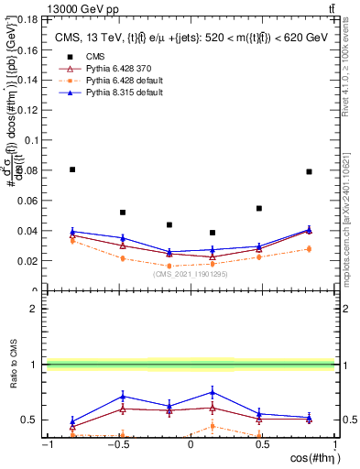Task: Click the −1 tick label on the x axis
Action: [x=47, y=444]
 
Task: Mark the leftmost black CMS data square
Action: [x=72, y=169]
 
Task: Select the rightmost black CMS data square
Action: [x=309, y=171]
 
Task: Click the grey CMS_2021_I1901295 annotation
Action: [x=190, y=273]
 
